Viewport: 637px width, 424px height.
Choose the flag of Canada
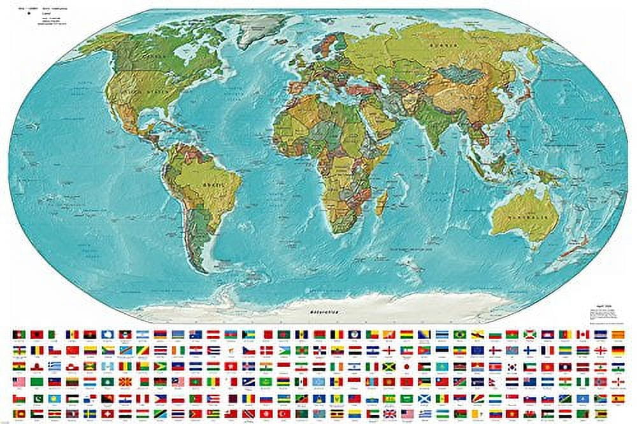click(x=582, y=334)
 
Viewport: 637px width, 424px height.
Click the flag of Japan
click(x=405, y=366)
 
